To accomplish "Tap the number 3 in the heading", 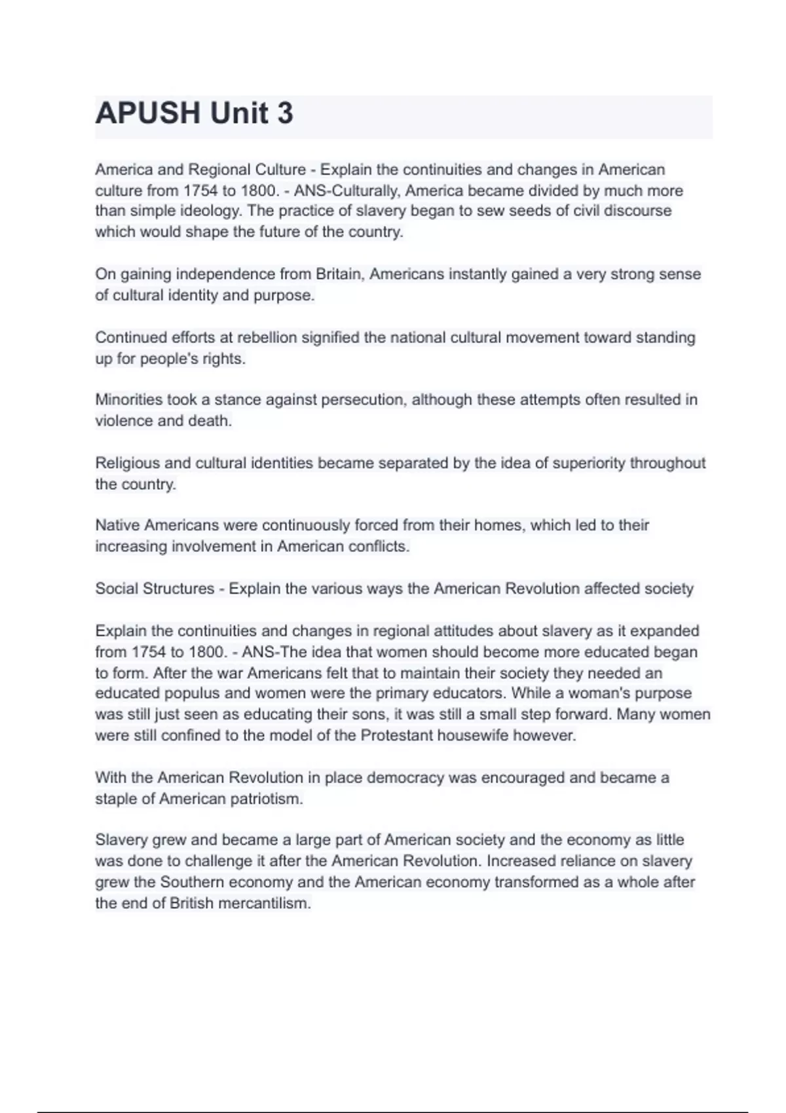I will point(285,113).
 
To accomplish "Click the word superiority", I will point(589,463).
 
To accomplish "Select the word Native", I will point(117,525).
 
